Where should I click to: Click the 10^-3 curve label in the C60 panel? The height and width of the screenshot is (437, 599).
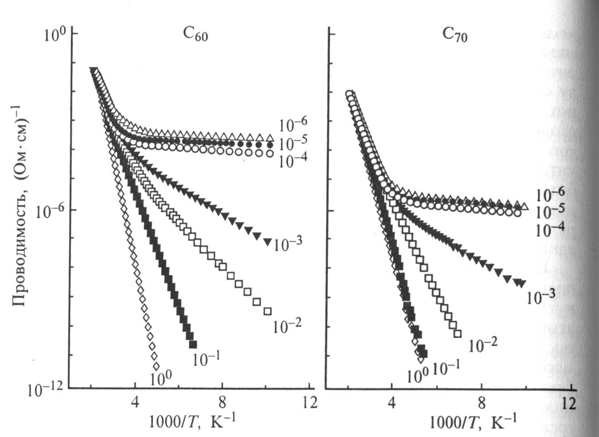pos(288,244)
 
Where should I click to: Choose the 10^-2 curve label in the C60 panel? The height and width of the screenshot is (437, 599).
pos(287,326)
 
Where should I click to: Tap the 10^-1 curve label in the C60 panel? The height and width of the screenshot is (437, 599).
pos(206,359)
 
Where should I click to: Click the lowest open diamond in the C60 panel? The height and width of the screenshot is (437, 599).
pos(156,367)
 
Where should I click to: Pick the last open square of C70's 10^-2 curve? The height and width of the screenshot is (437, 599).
pos(458,333)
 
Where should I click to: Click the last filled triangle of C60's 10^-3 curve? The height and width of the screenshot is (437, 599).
pos(267,242)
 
